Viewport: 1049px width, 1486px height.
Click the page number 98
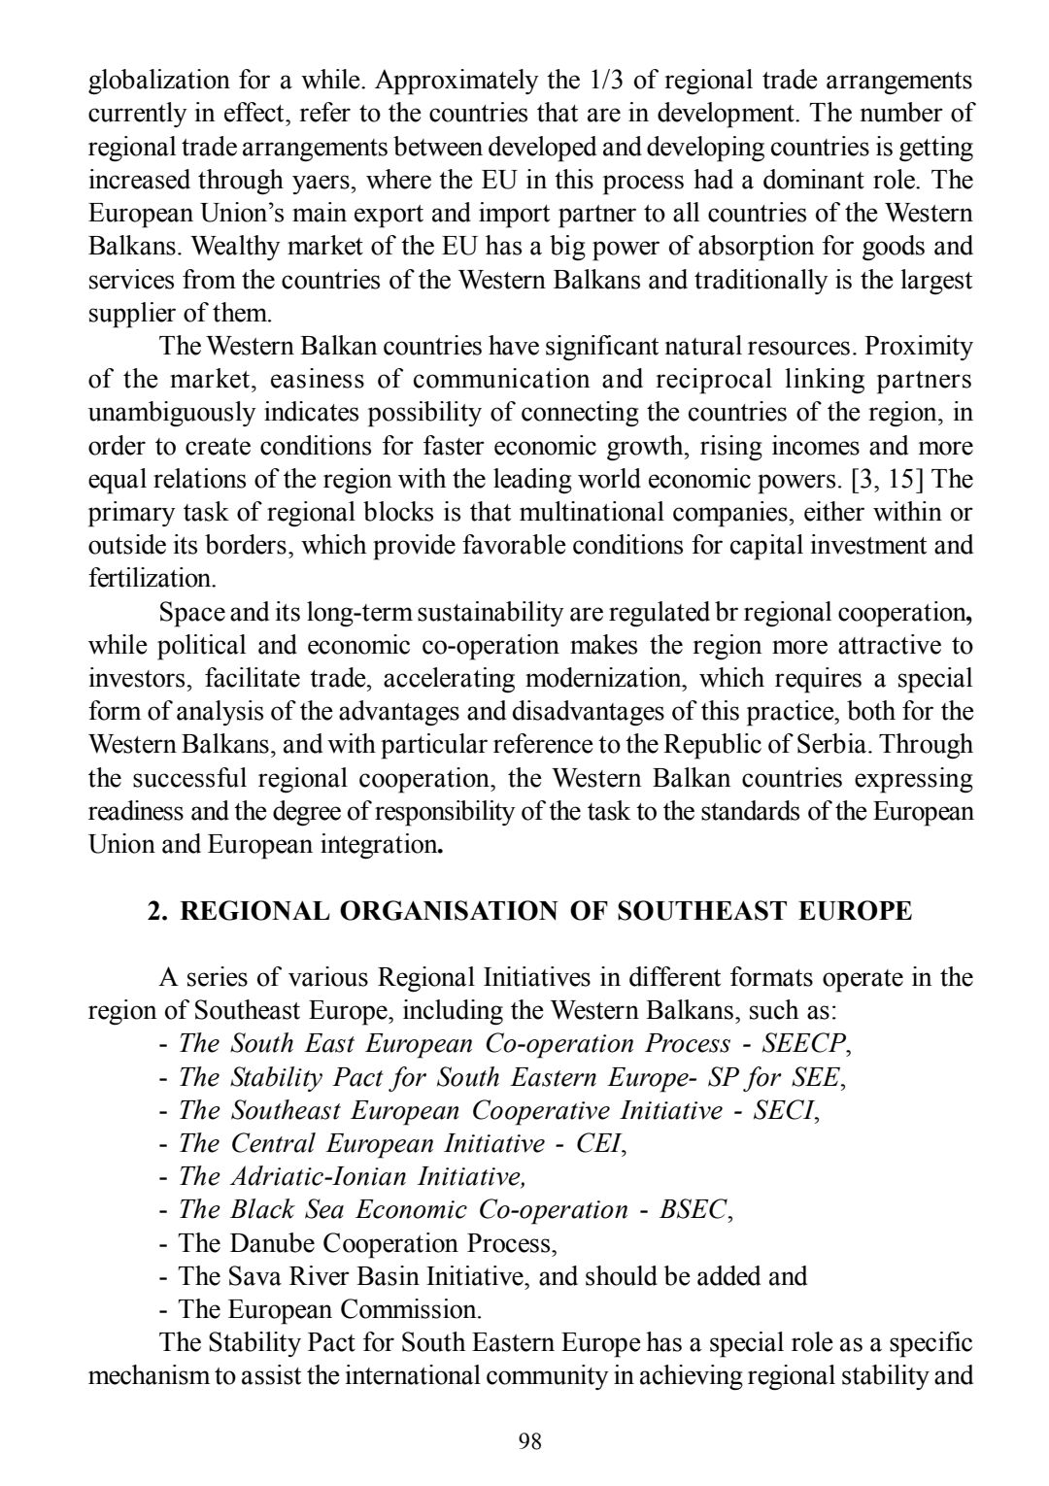coord(530,1440)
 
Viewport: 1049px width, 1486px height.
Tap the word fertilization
coord(152,579)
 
